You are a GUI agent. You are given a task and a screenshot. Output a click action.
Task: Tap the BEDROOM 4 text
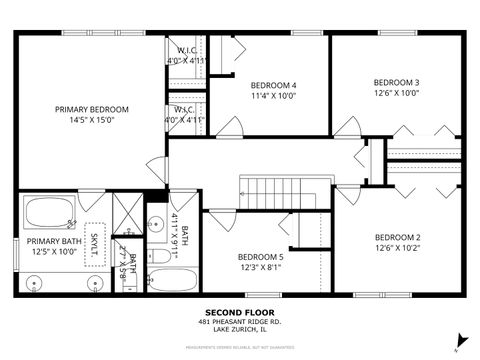[x=274, y=86]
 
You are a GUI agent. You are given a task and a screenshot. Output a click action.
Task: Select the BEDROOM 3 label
[x=397, y=82]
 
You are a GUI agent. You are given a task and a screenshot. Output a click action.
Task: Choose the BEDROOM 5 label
[x=260, y=257]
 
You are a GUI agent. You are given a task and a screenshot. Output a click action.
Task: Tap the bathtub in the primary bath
[x=49, y=212]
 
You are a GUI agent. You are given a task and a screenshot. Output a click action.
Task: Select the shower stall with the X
[x=127, y=212]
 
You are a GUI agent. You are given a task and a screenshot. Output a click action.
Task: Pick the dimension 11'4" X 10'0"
[x=274, y=97]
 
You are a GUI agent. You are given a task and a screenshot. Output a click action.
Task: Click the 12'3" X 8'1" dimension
[x=260, y=268]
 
